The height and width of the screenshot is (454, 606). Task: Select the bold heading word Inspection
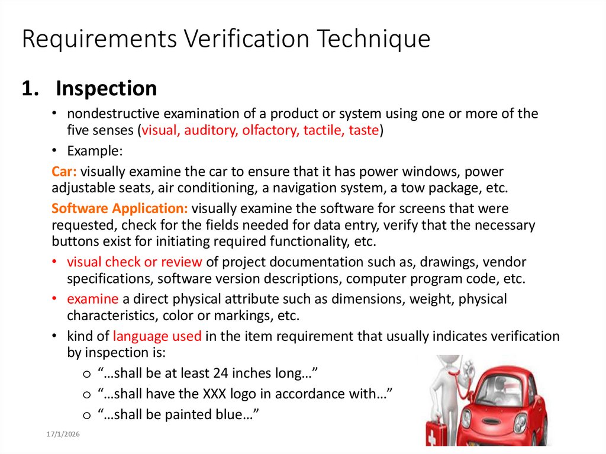click(107, 89)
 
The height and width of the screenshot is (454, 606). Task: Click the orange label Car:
click(64, 172)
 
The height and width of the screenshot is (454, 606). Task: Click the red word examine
click(92, 299)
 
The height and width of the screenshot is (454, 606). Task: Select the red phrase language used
click(157, 336)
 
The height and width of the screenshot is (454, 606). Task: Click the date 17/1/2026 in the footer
click(63, 435)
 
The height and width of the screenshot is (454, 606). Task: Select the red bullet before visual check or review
click(54, 262)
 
